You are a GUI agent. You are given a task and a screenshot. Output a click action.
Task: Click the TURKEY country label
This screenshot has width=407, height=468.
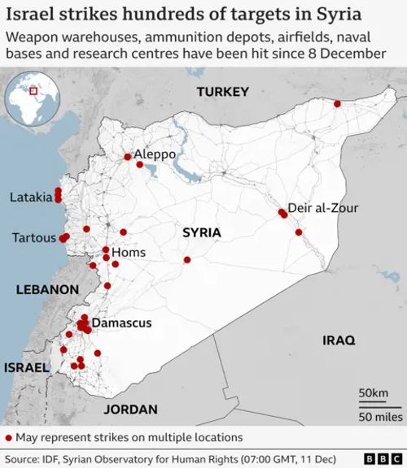[x=221, y=93]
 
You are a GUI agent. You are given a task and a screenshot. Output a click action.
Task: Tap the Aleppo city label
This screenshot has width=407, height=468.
[x=154, y=154]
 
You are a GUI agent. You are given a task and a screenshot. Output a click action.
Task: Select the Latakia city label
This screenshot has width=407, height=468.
[x=30, y=197]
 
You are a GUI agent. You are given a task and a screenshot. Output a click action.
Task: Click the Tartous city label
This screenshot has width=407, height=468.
[x=33, y=238]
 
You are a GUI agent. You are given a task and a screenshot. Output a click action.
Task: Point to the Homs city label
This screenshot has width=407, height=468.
[x=129, y=253]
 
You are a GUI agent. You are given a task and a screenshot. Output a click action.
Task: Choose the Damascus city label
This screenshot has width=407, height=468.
[x=121, y=323]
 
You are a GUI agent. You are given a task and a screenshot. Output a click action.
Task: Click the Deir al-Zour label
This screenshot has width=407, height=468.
[x=323, y=208]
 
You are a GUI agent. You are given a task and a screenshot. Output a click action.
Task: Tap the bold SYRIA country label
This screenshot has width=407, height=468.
[x=201, y=232]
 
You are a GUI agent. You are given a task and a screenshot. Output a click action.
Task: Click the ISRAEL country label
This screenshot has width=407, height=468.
[x=26, y=368]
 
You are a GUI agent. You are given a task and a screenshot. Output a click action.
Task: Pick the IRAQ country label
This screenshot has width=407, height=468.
[x=339, y=341]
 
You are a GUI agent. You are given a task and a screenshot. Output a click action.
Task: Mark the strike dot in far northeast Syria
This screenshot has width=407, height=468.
[x=335, y=103]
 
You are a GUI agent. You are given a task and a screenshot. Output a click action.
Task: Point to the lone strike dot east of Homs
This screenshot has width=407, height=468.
[x=187, y=260]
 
